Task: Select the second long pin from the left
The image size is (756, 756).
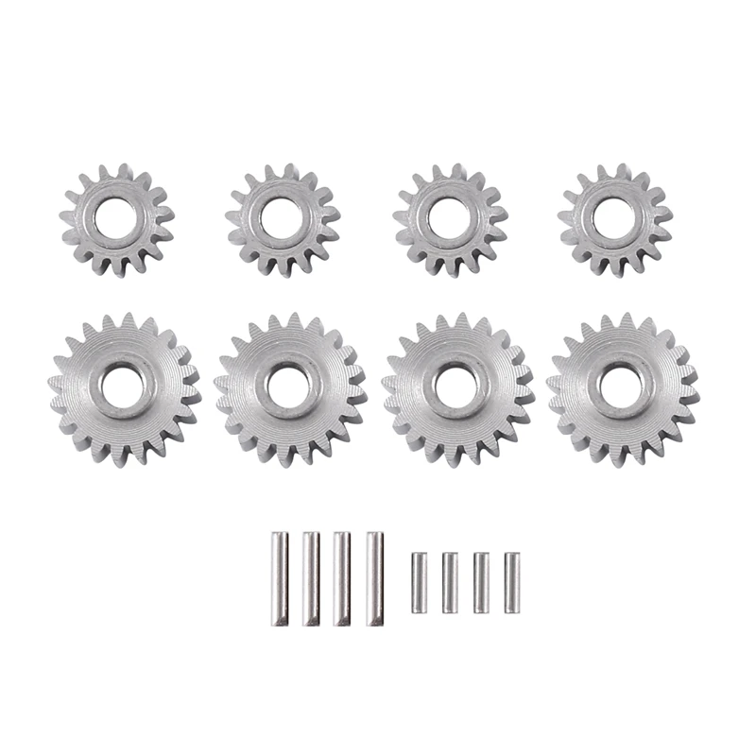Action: [310, 578]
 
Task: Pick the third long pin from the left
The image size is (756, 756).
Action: [341, 578]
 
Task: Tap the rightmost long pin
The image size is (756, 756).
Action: [373, 578]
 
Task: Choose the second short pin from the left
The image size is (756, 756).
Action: [450, 582]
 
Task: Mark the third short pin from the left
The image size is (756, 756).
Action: [481, 582]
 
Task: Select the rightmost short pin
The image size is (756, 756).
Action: [512, 582]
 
